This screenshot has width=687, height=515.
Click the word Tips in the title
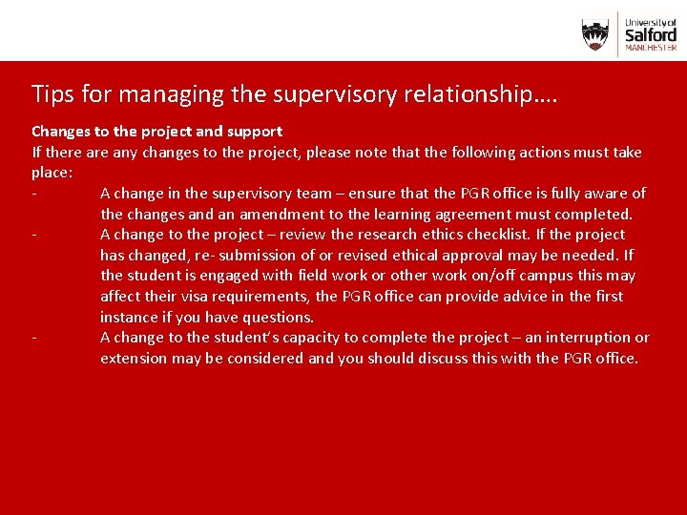[50, 93]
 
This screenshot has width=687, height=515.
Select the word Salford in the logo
[651, 34]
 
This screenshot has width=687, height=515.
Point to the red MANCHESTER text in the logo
[651, 48]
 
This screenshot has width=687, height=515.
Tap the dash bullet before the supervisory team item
[34, 194]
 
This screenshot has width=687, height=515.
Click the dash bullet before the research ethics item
[34, 235]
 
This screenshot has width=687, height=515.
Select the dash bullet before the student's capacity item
[34, 338]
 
